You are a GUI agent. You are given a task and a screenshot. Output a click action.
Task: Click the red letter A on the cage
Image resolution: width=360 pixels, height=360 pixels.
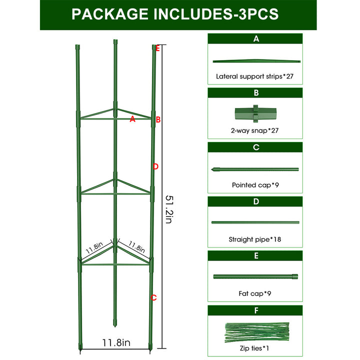pos(132,119)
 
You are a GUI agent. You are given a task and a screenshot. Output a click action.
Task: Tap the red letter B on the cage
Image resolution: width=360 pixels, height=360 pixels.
pos(158,119)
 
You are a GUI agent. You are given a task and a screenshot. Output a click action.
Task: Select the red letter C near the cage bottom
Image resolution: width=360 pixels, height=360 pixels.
pos(153,297)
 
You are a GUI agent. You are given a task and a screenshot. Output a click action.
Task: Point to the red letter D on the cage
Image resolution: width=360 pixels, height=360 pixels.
pos(155,166)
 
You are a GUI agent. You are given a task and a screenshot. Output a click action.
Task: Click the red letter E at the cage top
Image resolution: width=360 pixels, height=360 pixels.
pos(157,48)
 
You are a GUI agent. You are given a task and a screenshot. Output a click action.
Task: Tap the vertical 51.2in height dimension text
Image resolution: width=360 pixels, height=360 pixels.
pos(169,209)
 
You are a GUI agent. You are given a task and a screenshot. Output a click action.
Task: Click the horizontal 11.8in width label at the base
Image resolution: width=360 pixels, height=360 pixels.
pos(116,342)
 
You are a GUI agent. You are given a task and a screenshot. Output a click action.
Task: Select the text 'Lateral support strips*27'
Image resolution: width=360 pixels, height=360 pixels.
pos(254,76)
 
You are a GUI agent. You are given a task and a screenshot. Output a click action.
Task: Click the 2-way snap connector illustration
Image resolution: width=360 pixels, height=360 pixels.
pos(255,113)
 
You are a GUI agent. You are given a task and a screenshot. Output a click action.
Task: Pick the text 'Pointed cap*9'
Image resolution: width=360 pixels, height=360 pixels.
pos(255,185)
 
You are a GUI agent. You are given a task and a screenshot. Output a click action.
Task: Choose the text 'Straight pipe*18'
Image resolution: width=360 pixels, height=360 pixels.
pos(255,239)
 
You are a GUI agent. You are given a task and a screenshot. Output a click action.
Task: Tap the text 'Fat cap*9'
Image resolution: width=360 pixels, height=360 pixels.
pos(255,293)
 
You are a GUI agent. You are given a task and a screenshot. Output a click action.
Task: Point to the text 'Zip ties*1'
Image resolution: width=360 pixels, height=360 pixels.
pos(254,348)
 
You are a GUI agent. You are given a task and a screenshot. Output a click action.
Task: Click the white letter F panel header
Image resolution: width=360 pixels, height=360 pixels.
pos(256,310)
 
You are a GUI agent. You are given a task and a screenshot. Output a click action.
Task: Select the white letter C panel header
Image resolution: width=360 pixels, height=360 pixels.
pos(256,147)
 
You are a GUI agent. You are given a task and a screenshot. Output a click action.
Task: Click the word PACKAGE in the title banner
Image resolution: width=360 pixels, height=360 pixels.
pos(110,14)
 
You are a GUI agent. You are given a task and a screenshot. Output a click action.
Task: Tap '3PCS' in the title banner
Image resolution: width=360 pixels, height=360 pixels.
pos(259,14)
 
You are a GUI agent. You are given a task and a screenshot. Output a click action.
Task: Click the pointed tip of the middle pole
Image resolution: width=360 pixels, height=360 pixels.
pos(115,326)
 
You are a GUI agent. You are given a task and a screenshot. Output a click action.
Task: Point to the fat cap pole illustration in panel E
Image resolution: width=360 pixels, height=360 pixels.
pos(255,276)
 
